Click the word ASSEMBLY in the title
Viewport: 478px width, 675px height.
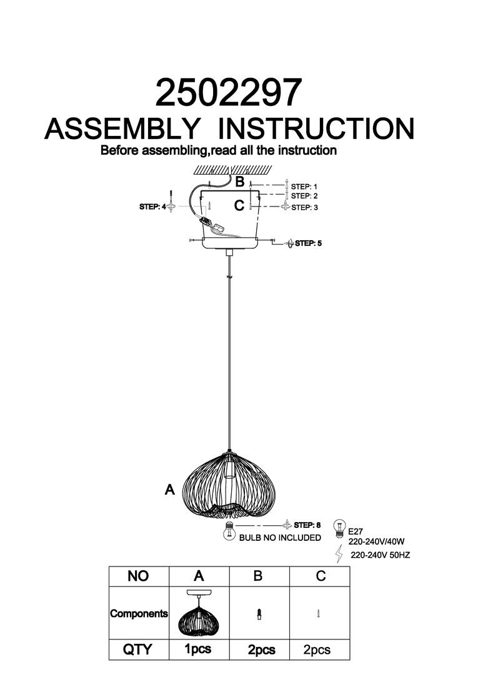point(122,129)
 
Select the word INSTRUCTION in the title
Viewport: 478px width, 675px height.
point(318,129)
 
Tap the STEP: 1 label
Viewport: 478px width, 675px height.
point(304,187)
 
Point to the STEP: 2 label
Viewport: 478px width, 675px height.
point(304,196)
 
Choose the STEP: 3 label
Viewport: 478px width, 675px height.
point(304,207)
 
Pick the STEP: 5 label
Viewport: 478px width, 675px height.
point(308,243)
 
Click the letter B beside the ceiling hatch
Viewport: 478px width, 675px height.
point(239,182)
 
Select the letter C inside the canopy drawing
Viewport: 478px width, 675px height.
point(239,205)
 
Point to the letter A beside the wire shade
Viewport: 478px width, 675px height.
point(169,490)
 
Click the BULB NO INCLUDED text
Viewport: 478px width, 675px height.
point(280,538)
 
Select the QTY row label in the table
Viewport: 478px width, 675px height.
point(138,649)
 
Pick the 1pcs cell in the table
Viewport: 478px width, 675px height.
point(198,649)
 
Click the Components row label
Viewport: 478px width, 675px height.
point(139,613)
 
